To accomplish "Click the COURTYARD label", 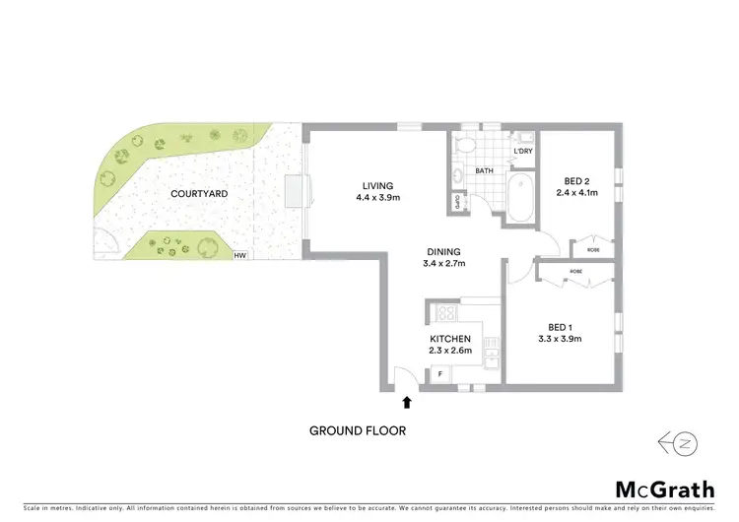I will [x=199, y=194].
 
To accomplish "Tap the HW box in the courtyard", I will [x=239, y=256].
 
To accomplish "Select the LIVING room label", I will [x=377, y=185].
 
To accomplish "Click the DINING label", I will [x=444, y=250].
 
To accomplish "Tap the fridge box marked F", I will [x=438, y=374].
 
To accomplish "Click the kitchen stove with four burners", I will [x=443, y=314].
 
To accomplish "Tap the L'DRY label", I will [x=523, y=151].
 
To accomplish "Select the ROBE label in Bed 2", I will [x=593, y=250].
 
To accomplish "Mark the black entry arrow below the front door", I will [x=406, y=401].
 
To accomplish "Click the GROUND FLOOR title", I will [x=357, y=430].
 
